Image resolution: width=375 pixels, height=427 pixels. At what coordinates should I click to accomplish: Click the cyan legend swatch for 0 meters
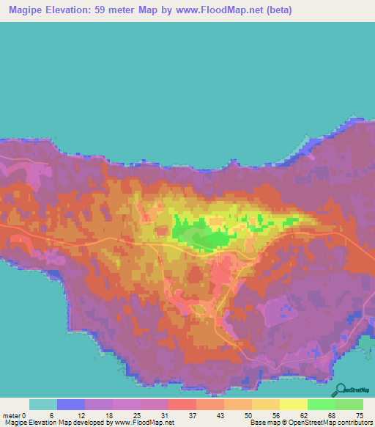(x=43, y=404)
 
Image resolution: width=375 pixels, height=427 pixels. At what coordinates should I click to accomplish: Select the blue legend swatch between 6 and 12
(x=71, y=404)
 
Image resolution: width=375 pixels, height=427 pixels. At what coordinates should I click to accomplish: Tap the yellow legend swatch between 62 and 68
(x=294, y=404)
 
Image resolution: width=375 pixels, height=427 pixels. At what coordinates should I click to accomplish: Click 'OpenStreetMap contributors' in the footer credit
(x=330, y=422)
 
